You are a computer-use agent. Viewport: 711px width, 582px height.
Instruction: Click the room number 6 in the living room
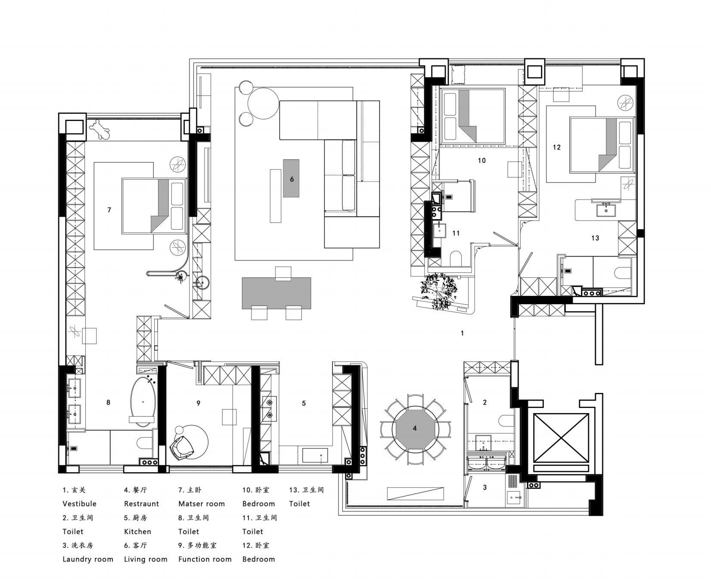pyautogui.click(x=292, y=179)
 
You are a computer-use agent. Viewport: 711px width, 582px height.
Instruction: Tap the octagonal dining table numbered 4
pyautogui.click(x=415, y=428)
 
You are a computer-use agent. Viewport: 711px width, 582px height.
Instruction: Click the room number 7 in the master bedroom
pyautogui.click(x=109, y=210)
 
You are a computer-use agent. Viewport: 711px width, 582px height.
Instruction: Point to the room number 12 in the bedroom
pyautogui.click(x=557, y=147)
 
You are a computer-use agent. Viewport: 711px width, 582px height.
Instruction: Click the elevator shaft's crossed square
pyautogui.click(x=561, y=438)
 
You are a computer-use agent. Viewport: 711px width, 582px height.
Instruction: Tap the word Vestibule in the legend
pyautogui.click(x=79, y=504)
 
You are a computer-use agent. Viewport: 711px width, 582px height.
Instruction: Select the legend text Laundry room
pyautogui.click(x=88, y=559)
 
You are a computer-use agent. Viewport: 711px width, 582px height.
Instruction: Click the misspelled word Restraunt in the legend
pyautogui.click(x=141, y=504)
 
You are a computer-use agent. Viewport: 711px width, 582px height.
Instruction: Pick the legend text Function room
pyautogui.click(x=205, y=559)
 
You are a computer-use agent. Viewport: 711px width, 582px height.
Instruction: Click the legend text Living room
pyautogui.click(x=146, y=559)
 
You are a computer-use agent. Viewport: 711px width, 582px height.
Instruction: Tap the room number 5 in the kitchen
pyautogui.click(x=304, y=403)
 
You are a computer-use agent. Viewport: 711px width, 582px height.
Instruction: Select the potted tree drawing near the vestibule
pyautogui.click(x=439, y=291)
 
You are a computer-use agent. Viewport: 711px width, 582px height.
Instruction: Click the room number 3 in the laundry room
pyautogui.click(x=485, y=487)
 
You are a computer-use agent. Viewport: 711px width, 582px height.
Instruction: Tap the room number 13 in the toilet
pyautogui.click(x=595, y=238)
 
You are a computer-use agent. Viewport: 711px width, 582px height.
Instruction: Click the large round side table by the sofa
pyautogui.click(x=264, y=103)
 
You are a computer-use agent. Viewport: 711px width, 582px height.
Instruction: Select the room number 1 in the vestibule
pyautogui.click(x=463, y=333)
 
